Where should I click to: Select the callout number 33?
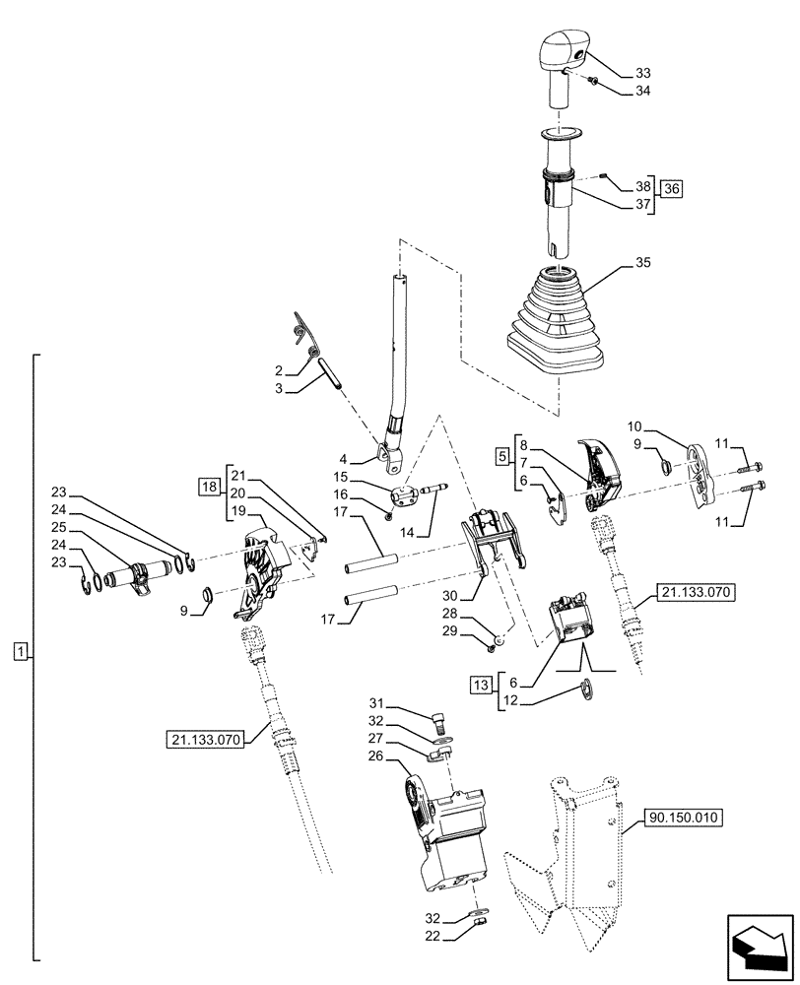click(643, 73)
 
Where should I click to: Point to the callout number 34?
click(643, 92)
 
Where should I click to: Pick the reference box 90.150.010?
click(684, 817)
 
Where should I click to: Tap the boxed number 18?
click(208, 487)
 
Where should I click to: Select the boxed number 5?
click(501, 458)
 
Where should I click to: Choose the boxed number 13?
click(480, 684)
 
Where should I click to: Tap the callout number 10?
click(634, 427)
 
